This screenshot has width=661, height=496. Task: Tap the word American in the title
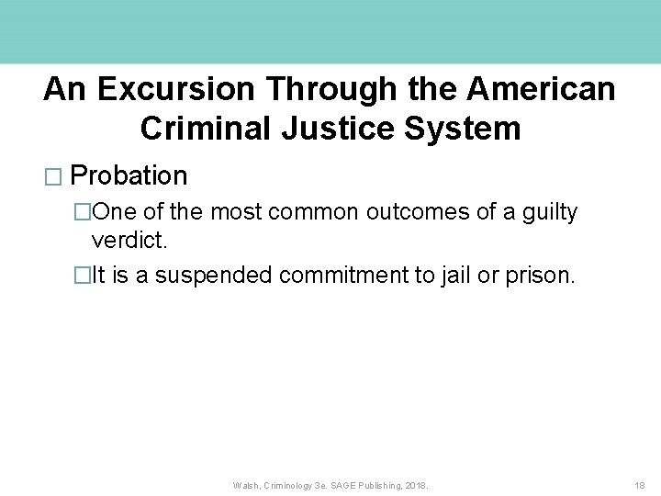pos(541,89)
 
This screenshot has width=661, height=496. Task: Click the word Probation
pos(129,175)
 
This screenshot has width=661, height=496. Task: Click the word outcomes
pos(420,212)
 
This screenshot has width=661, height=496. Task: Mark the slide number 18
pos(640,485)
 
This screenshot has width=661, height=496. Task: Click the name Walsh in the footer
pos(246,485)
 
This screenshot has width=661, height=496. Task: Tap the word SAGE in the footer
pos(347,485)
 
